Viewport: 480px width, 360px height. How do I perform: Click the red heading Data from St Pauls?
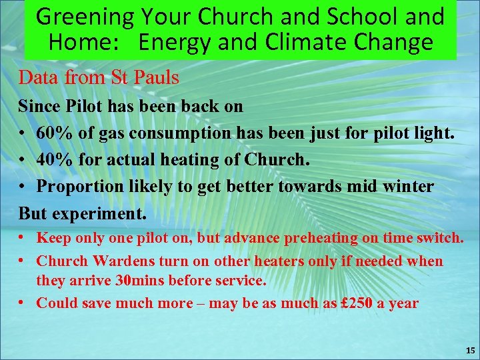(99, 77)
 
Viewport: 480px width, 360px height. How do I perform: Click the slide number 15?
(470, 350)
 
